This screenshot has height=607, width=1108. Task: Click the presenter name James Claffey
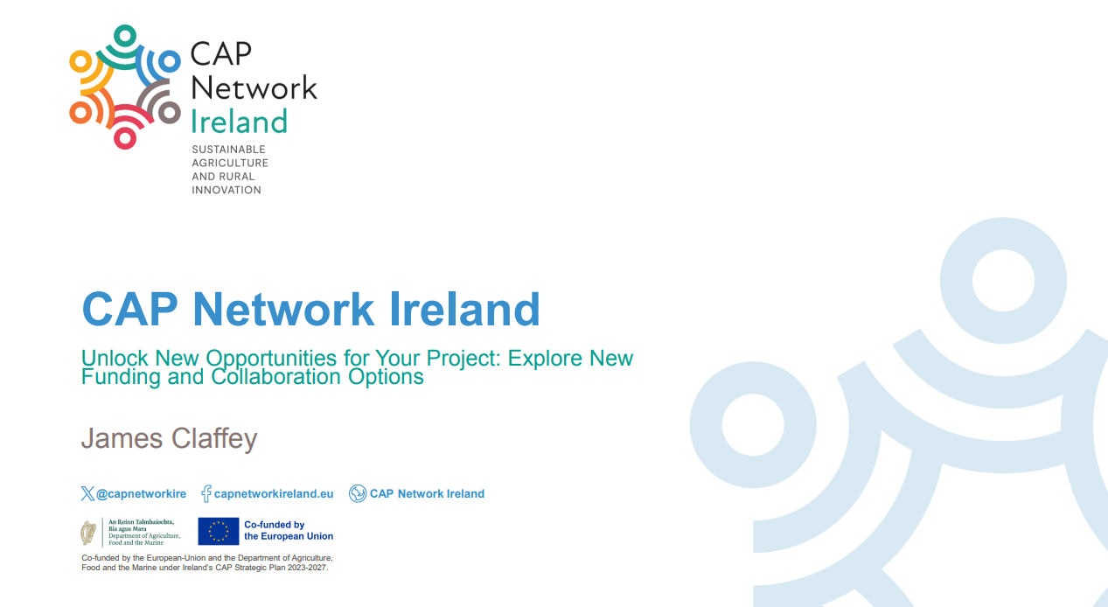pos(169,437)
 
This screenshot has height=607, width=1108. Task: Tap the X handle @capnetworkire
pos(141,494)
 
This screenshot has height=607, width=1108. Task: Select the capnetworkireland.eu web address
pos(274,494)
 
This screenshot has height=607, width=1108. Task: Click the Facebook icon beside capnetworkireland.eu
pos(206,494)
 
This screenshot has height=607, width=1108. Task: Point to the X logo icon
pos(87,494)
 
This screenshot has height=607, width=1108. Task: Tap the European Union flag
pos(218,531)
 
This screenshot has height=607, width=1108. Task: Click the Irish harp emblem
pos(88,532)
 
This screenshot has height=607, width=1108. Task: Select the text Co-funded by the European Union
pos(288,531)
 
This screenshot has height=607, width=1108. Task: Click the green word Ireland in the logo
pos(239,122)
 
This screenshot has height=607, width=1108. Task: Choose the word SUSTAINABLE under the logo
pos(228,150)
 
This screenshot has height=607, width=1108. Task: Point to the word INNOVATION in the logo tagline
pos(226,190)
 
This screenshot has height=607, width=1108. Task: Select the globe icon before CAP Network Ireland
pos(358,494)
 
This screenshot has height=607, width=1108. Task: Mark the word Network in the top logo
pos(254,87)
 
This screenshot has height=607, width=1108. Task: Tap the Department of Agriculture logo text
pos(143,532)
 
